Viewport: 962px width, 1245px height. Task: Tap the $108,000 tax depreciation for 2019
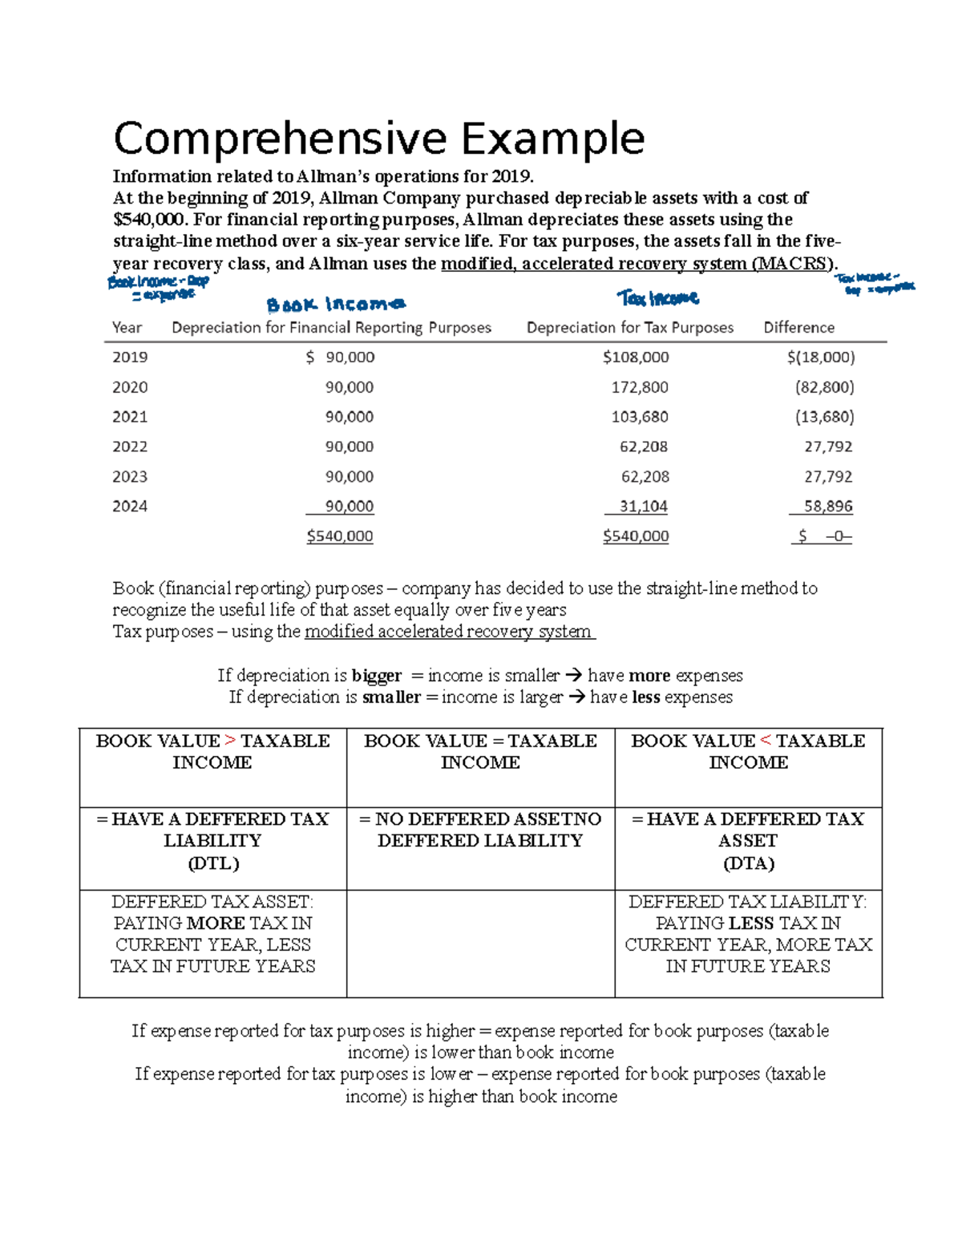(x=636, y=357)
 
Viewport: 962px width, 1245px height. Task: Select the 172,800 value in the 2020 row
(x=639, y=387)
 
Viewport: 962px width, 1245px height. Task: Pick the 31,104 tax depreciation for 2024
(x=643, y=507)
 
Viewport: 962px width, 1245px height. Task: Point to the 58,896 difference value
(x=828, y=507)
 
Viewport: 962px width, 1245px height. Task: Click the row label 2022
(x=130, y=447)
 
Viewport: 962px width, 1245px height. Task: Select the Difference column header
(x=798, y=327)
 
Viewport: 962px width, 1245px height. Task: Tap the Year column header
(x=127, y=327)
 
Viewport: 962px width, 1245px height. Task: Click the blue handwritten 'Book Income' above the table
(x=336, y=305)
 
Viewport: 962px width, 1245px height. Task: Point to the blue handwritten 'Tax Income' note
(x=658, y=299)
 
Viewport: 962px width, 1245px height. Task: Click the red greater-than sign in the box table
(x=230, y=741)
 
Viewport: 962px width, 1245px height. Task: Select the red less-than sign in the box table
(x=765, y=741)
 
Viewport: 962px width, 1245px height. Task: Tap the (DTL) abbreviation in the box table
(x=213, y=863)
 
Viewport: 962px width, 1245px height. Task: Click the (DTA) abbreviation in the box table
(x=748, y=863)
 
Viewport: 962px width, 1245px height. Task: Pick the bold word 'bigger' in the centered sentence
(x=376, y=676)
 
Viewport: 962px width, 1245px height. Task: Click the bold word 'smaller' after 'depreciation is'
(x=391, y=697)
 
